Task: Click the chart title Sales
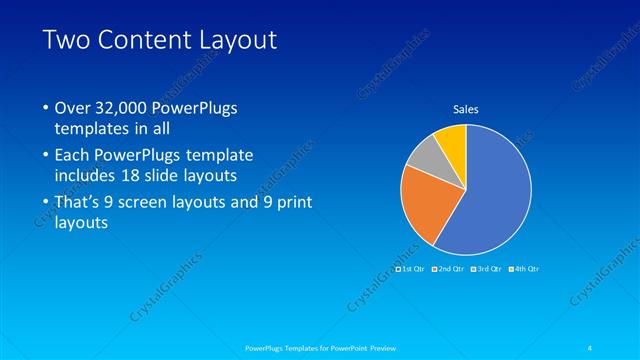[x=466, y=108]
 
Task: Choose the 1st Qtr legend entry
[x=411, y=269]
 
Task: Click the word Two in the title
[x=68, y=41]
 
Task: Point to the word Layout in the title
[x=237, y=41]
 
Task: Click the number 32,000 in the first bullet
[x=126, y=108]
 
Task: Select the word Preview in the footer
[x=372, y=348]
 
